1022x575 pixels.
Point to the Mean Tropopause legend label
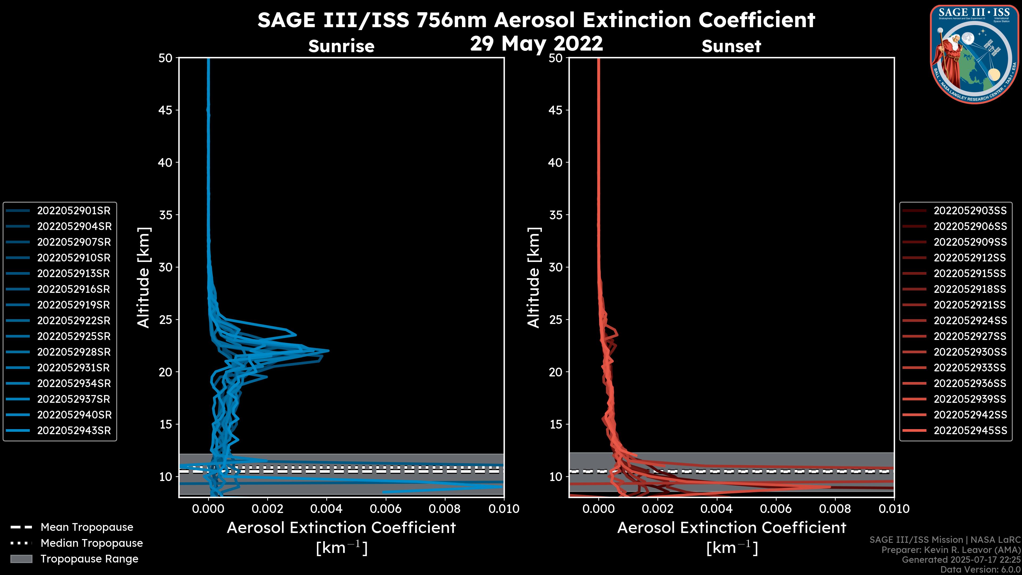[87, 527]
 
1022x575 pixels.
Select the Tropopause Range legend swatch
[21, 559]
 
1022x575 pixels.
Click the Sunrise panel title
[341, 46]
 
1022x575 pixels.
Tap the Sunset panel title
[731, 46]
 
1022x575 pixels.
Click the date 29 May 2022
[536, 43]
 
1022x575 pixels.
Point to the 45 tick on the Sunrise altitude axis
[166, 110]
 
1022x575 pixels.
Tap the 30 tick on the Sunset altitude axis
[556, 268]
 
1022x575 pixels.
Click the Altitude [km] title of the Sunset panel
[534, 278]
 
